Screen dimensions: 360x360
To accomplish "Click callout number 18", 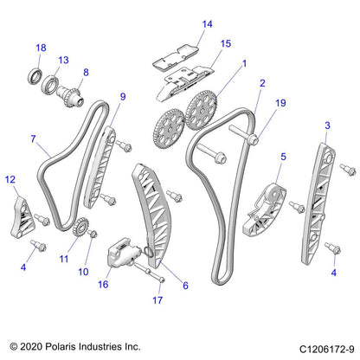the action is click(41, 48).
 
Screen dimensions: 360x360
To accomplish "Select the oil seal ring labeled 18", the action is click(36, 76).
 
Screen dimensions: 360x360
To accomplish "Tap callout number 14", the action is click(207, 24).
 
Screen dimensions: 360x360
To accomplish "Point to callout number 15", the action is click(226, 43).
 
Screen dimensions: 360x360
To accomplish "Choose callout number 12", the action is click(10, 180).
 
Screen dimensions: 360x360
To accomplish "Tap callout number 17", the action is click(157, 300).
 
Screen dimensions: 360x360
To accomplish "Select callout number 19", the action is click(280, 103).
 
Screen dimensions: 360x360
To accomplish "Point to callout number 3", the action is click(327, 125).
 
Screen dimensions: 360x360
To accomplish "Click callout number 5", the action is click(283, 157).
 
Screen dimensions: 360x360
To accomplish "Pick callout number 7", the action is click(33, 139).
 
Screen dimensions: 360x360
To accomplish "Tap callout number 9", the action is click(123, 97).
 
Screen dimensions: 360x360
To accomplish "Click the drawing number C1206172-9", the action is click(327, 350).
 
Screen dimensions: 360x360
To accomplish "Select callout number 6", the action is click(185, 286).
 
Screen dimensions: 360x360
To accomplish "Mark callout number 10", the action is click(83, 272).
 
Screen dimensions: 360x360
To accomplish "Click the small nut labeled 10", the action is click(93, 234).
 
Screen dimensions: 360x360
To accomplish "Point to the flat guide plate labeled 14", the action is click(176, 56).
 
